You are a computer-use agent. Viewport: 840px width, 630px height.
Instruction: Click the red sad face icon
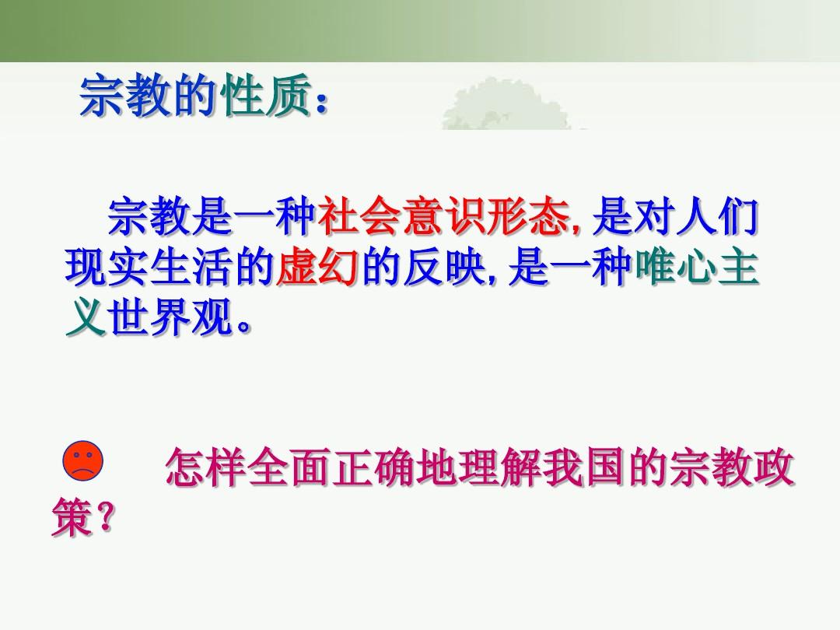point(83,460)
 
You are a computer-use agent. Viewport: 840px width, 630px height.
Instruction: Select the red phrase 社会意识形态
point(443,217)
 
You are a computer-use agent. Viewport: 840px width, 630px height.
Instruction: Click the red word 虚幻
point(317,266)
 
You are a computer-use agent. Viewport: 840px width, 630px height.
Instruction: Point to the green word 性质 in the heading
point(266,96)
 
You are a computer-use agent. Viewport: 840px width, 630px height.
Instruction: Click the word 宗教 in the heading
point(126,96)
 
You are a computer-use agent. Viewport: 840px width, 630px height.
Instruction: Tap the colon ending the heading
point(321,102)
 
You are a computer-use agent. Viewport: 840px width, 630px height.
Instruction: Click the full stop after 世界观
point(243,326)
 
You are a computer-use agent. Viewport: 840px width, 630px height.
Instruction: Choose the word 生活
point(191,266)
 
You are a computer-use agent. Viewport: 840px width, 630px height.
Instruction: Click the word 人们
point(718,217)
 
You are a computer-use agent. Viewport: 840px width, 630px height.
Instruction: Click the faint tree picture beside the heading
point(506,104)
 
